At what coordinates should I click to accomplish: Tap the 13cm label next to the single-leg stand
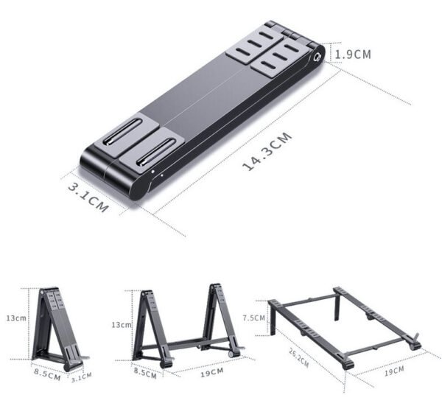pyautogui.click(x=16, y=318)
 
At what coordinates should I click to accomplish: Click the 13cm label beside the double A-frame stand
pyautogui.click(x=120, y=324)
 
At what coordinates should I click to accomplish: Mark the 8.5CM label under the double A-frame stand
pyautogui.click(x=144, y=373)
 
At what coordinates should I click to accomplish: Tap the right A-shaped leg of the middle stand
pyautogui.click(x=220, y=317)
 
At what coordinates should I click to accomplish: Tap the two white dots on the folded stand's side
pyautogui.click(x=152, y=175)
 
